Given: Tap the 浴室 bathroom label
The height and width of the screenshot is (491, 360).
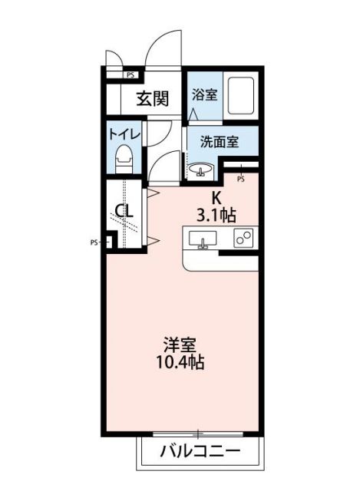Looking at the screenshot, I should click(x=204, y=95).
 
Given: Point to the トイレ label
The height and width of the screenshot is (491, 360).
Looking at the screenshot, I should click(x=123, y=133).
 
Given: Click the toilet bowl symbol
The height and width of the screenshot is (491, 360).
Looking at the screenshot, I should click(x=123, y=161).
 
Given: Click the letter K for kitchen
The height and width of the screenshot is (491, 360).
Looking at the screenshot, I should click(x=217, y=196).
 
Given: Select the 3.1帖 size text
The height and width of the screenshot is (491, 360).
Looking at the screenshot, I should click(x=217, y=215).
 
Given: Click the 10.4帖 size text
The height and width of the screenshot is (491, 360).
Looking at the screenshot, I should click(x=182, y=363).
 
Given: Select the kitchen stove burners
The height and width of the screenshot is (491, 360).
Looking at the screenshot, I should click(x=245, y=239).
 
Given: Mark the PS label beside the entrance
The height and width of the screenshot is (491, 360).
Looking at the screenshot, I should click(x=130, y=74).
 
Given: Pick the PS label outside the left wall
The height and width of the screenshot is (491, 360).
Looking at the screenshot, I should click(x=94, y=242).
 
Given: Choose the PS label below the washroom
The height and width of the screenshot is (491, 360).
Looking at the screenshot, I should click(x=240, y=180).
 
